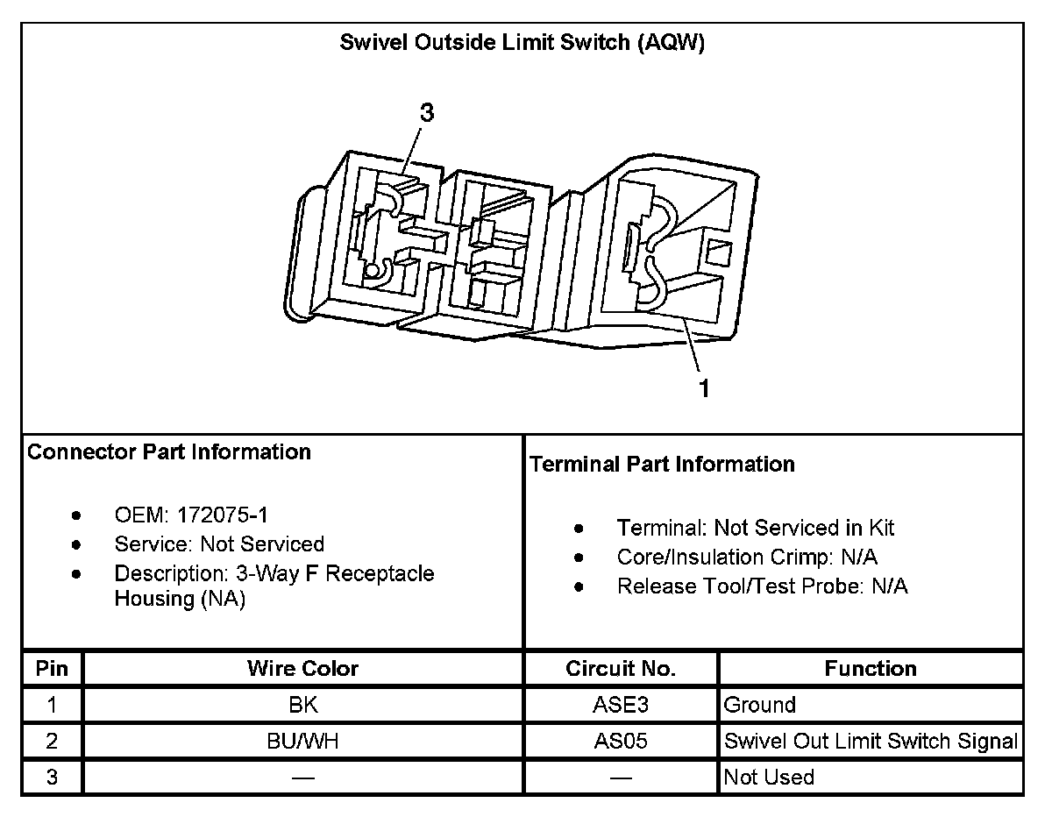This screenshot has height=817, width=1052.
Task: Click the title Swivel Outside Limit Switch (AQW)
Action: coord(522,45)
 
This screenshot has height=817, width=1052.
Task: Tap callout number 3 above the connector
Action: coord(427,113)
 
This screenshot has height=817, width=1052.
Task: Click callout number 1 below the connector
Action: coord(704,388)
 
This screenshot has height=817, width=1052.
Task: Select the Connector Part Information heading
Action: coord(169,452)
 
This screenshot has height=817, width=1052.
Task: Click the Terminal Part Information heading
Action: coord(662,465)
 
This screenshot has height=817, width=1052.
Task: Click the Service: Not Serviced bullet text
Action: coord(219,544)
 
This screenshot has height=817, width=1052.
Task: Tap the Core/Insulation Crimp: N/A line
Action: coord(747,558)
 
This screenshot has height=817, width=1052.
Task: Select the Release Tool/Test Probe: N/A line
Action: coord(762,586)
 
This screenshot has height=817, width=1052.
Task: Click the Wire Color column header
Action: coord(302,669)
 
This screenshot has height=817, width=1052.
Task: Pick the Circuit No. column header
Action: coord(621,669)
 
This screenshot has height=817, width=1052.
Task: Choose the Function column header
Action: coord(870,669)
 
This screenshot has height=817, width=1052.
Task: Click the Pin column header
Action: coord(53,669)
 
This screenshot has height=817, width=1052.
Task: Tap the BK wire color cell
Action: coord(302,705)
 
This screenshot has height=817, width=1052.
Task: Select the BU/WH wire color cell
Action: coord(302,742)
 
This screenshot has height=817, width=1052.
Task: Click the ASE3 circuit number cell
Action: coord(621,705)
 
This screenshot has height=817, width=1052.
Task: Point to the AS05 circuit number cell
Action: coord(621,742)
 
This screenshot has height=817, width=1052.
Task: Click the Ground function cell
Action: coord(759,705)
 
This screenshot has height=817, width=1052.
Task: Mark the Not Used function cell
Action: coord(769,778)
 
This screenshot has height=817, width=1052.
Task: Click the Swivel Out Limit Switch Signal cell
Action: coord(870,742)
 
